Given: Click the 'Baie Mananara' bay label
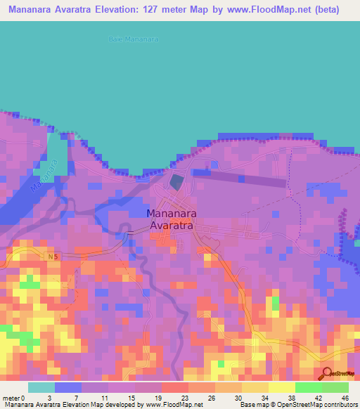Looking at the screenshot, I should pos(134,39).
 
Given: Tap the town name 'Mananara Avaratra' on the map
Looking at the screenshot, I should pos(172,219).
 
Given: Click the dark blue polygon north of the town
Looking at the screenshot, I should pos(175,183).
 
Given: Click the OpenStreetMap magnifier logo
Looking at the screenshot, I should pos(326,373).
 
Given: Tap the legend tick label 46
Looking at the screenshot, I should pos(345,398).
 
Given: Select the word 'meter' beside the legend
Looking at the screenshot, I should pos(11,398).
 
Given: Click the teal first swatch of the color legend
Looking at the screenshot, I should pos(41,387).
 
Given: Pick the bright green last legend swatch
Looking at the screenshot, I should pos(335,387).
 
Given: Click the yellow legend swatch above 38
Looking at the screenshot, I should pos(281,387).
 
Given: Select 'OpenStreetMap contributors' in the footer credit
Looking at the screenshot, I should pos(320,405).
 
